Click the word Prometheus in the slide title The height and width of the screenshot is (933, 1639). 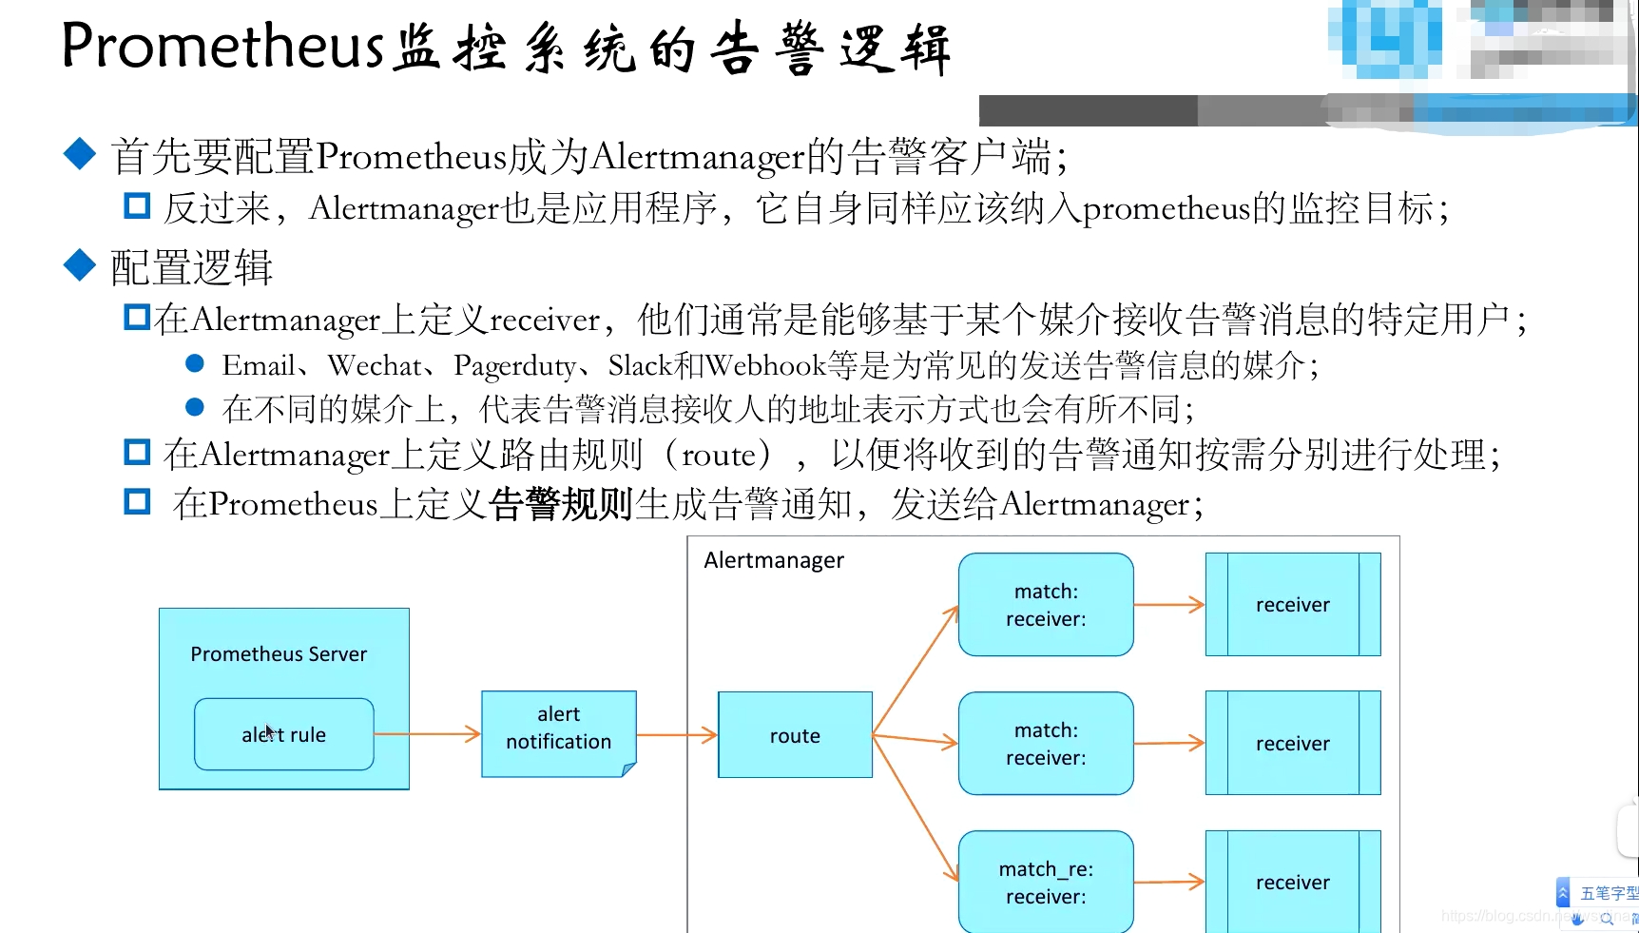222,46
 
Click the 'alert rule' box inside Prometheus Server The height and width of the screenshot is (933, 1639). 283,734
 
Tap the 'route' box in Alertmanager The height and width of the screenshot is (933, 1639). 795,735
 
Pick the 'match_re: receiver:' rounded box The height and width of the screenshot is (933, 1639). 1046,882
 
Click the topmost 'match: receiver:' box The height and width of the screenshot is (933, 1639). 1046,605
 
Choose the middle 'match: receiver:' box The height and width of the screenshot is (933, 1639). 1046,744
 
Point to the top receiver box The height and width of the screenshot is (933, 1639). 1293,605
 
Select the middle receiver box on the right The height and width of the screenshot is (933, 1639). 1293,744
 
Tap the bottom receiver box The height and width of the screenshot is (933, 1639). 1293,882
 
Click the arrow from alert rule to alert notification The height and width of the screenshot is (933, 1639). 428,734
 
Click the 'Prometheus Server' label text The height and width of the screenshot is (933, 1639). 279,654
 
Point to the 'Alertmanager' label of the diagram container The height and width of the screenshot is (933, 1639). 774,560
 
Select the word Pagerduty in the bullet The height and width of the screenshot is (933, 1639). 514,366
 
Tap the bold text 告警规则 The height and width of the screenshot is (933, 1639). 562,504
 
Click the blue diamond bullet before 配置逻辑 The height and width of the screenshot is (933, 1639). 80,265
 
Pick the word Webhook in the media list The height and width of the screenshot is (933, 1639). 766,365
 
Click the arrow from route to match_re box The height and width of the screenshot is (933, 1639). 915,808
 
